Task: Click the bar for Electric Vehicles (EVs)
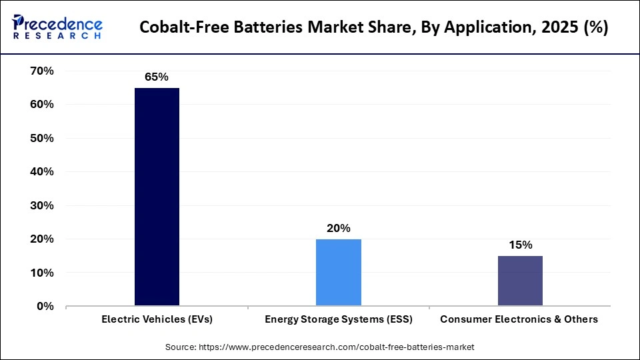157,197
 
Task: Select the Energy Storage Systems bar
338,273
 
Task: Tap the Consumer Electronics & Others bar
520,281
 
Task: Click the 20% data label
338,228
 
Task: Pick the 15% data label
520,245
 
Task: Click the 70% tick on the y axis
41,71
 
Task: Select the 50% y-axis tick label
41,138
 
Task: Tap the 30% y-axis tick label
41,205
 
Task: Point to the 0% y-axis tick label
45,306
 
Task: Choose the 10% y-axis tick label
41,273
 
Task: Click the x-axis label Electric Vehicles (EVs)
157,319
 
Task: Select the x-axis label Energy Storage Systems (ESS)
339,319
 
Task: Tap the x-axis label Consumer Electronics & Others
519,319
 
